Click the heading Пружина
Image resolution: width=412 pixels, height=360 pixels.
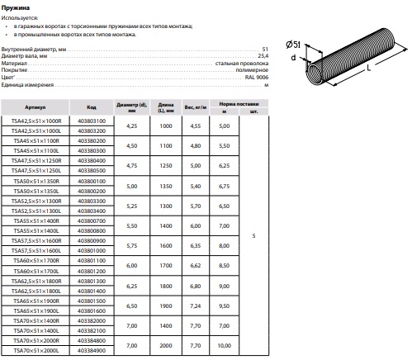pyautogui.click(x=16, y=7)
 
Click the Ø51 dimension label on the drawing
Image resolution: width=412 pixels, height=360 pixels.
pyautogui.click(x=293, y=45)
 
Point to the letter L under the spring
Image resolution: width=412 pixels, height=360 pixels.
pyautogui.click(x=369, y=68)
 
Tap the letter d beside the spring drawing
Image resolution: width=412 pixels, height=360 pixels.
pyautogui.click(x=294, y=57)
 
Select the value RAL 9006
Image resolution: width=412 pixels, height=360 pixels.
pyautogui.click(x=257, y=78)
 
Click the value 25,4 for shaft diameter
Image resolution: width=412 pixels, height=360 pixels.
pyautogui.click(x=263, y=56)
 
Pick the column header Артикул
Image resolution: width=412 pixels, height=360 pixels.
pyautogui.click(x=36, y=107)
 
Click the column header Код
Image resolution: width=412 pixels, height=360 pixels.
pyautogui.click(x=92, y=107)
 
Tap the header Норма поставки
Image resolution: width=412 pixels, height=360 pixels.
pyautogui.click(x=239, y=104)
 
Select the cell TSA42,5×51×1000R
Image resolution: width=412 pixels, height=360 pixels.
pyautogui.click(x=36, y=121)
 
